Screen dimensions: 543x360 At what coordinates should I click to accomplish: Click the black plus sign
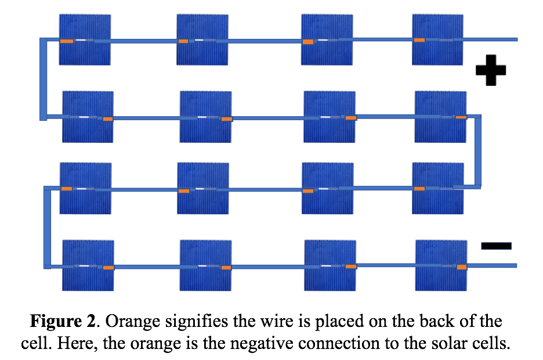491,70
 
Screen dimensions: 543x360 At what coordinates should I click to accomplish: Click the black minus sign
496,246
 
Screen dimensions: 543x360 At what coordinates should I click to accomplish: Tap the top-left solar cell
85,39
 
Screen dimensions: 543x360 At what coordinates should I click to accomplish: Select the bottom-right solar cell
441,265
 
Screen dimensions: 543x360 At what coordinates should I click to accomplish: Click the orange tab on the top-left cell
67,41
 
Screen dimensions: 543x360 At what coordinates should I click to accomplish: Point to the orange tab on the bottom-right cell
462,267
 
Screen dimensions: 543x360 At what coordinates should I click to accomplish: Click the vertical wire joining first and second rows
44,79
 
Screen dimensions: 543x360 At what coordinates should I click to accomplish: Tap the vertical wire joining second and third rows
477,151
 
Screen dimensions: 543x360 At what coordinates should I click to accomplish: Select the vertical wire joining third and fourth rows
48,227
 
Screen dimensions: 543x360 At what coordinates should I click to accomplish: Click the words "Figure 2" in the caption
63,321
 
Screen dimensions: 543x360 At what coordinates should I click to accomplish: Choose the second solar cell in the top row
202,39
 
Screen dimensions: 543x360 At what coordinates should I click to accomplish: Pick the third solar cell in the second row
330,117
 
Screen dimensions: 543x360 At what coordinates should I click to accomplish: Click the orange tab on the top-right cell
419,40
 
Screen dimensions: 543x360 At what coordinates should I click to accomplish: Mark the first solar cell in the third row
85,188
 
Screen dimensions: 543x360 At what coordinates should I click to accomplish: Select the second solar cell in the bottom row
206,265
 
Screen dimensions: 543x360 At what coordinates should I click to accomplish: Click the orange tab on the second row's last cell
461,117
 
